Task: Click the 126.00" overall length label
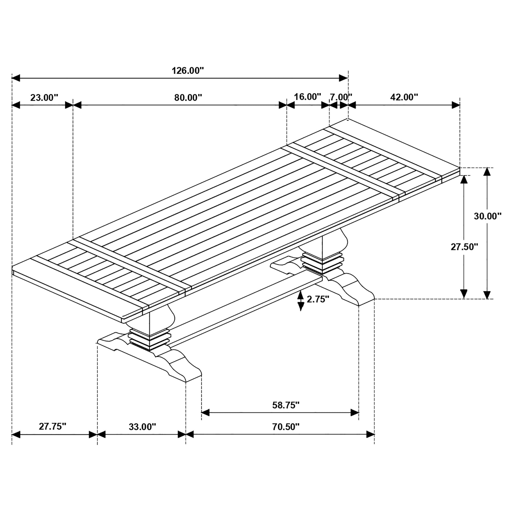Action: [x=188, y=70]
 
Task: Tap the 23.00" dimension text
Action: [x=44, y=97]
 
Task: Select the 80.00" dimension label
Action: [x=188, y=97]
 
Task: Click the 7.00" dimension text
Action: [x=341, y=97]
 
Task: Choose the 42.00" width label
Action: [x=404, y=97]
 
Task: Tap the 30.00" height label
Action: [x=488, y=216]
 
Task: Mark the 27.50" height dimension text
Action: [x=464, y=247]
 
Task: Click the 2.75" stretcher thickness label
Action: [x=318, y=299]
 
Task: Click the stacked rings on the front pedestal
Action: [x=149, y=339]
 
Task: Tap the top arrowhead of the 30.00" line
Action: [x=487, y=172]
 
